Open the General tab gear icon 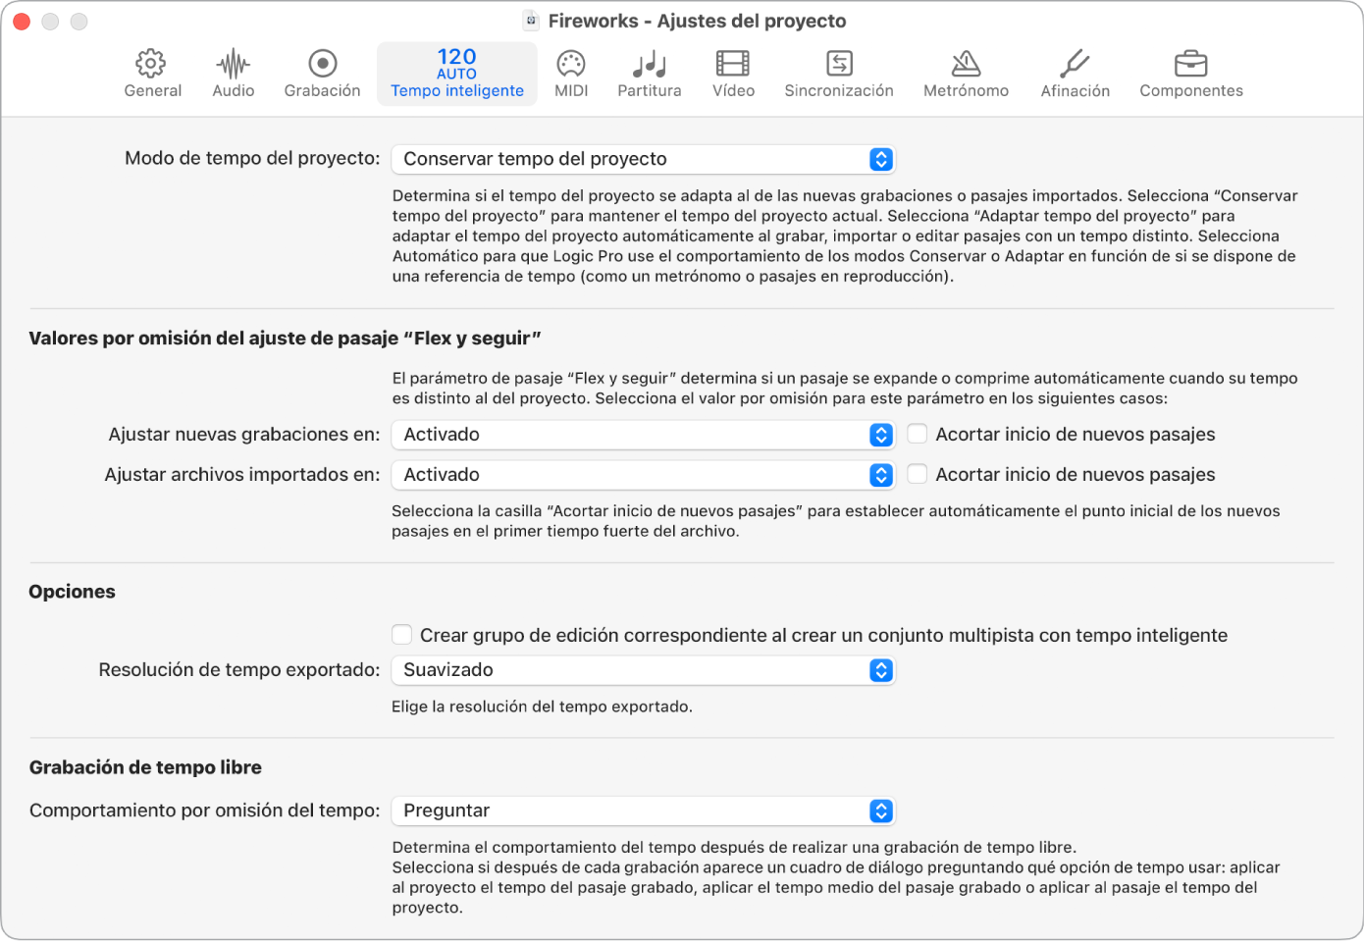point(151,64)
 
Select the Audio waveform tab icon point(233,65)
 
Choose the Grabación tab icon point(322,64)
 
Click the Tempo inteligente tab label point(456,91)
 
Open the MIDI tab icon point(571,65)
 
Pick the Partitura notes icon point(649,65)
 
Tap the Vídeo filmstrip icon point(733,64)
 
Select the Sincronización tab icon point(839,64)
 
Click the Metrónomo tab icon point(966,65)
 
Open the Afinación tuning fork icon point(1075,65)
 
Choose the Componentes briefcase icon point(1190,65)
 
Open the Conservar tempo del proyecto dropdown point(643,159)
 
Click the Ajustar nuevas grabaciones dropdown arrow point(881,435)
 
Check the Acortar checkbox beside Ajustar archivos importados point(918,475)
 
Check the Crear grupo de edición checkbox point(402,635)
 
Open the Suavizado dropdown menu point(643,670)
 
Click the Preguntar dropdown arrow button point(881,811)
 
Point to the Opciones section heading point(73,592)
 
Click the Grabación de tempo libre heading point(145,767)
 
